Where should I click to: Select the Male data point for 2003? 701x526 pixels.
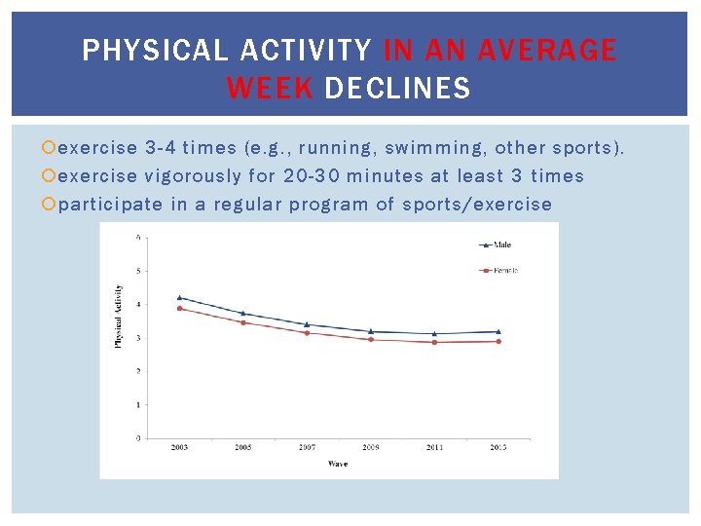point(179,297)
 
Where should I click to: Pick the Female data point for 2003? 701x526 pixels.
point(179,309)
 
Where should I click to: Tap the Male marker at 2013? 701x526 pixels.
point(498,331)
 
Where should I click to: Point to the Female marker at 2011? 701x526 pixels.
point(434,342)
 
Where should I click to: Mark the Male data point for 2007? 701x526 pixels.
point(307,324)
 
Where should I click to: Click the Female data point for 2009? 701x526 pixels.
point(371,339)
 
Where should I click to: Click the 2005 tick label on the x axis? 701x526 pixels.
point(242,447)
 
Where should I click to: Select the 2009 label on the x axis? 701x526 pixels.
point(371,447)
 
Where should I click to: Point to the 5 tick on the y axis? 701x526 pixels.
point(138,271)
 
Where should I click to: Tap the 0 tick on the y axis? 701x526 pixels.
point(138,438)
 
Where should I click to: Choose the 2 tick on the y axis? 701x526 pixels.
point(138,371)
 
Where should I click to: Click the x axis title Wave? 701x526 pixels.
point(337,463)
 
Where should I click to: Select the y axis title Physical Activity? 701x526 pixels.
point(119,317)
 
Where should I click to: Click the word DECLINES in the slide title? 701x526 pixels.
point(397,90)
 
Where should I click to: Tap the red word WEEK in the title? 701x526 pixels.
point(270,90)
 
